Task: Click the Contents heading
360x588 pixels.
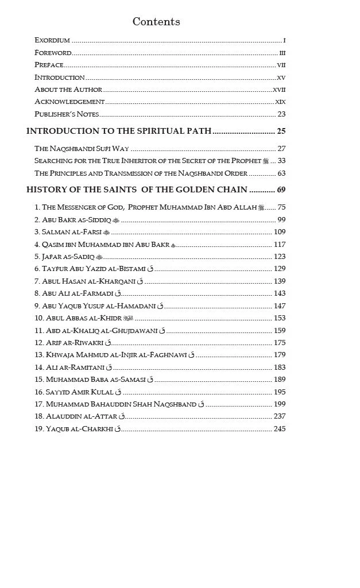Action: point(156,22)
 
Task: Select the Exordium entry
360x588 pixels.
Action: point(52,40)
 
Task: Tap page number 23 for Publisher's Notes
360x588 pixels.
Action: point(281,114)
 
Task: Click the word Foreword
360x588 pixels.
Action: point(53,53)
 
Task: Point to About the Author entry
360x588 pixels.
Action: point(68,90)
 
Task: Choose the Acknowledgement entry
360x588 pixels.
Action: point(69,102)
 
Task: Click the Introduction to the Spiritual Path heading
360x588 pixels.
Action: point(119,131)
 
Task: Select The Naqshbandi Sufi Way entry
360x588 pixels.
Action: point(82,149)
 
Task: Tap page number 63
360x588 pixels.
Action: point(281,173)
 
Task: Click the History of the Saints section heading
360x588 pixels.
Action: point(137,190)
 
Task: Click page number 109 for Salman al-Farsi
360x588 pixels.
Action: point(279,232)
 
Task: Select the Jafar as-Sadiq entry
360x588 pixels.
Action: point(65,257)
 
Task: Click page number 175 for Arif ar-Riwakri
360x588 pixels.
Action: point(279,343)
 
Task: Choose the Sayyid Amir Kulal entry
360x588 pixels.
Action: point(74,392)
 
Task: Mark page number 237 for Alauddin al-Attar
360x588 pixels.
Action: point(279,417)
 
